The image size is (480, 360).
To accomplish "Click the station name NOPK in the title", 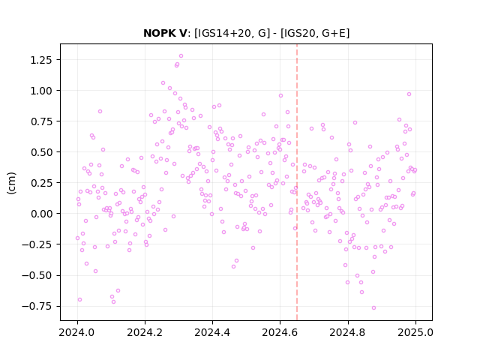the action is [158, 33].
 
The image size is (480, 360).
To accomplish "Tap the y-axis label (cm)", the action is [11, 183].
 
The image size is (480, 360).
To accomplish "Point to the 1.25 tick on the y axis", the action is [41, 60].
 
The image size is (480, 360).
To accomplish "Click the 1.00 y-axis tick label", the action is [41, 91].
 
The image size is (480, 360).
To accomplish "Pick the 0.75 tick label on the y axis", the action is [41, 121].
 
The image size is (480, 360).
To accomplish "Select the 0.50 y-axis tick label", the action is [41, 152].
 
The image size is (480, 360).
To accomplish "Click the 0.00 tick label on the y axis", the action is [41, 214].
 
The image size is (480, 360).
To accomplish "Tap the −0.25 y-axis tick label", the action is [37, 244].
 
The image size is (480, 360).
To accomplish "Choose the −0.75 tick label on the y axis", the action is [37, 306].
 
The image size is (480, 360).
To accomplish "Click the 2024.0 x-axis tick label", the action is [77, 332].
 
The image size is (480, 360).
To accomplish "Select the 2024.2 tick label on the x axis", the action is [145, 332].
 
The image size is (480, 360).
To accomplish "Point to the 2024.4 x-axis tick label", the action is [212, 332].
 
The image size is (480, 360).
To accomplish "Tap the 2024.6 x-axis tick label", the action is [280, 332].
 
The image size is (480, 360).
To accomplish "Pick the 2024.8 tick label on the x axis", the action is [348, 332].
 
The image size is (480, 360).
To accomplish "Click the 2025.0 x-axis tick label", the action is [415, 332].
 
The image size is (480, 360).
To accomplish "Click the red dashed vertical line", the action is [297, 182].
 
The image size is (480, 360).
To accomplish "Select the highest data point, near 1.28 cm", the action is [181, 56].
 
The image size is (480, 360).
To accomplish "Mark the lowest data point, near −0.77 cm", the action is [373, 308].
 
